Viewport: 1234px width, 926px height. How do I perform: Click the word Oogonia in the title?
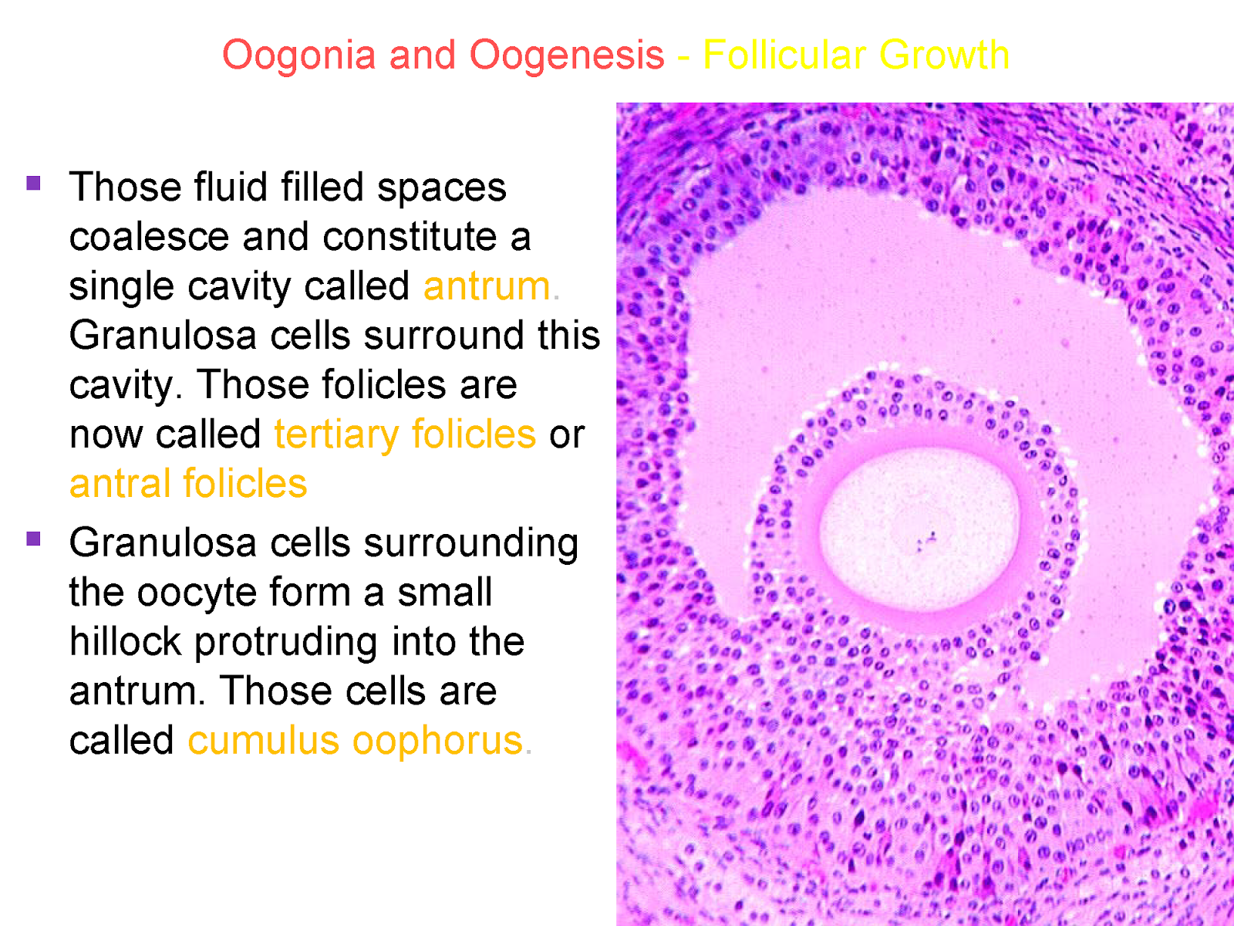(x=298, y=56)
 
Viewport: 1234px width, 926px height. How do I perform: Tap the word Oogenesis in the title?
(x=567, y=56)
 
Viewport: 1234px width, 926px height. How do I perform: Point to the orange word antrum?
(x=487, y=286)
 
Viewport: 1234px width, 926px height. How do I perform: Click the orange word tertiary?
(x=337, y=434)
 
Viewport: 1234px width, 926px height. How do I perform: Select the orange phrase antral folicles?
(x=188, y=484)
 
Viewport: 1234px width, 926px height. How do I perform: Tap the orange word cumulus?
(x=263, y=741)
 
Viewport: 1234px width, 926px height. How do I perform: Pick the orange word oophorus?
(x=437, y=741)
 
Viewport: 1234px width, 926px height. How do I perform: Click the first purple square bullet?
(x=33, y=184)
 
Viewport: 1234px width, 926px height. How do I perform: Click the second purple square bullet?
(x=33, y=539)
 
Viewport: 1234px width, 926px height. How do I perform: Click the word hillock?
(x=124, y=642)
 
